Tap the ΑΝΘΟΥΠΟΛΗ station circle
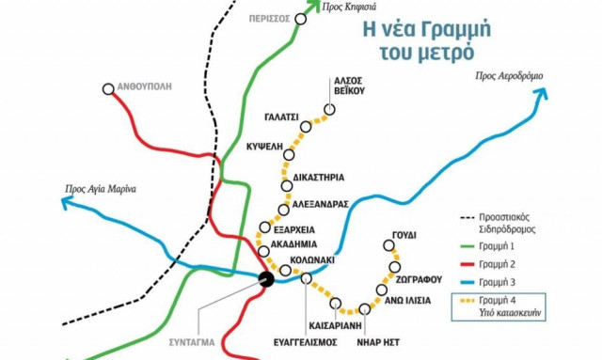(104, 90)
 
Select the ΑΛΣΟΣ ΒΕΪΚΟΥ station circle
(330, 109)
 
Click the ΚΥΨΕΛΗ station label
(263, 149)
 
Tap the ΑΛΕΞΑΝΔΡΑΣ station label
(325, 203)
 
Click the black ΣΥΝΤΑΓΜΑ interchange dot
(266, 277)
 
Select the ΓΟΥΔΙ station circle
(390, 246)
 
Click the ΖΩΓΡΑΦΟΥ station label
(420, 279)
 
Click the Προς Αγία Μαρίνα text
(101, 188)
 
